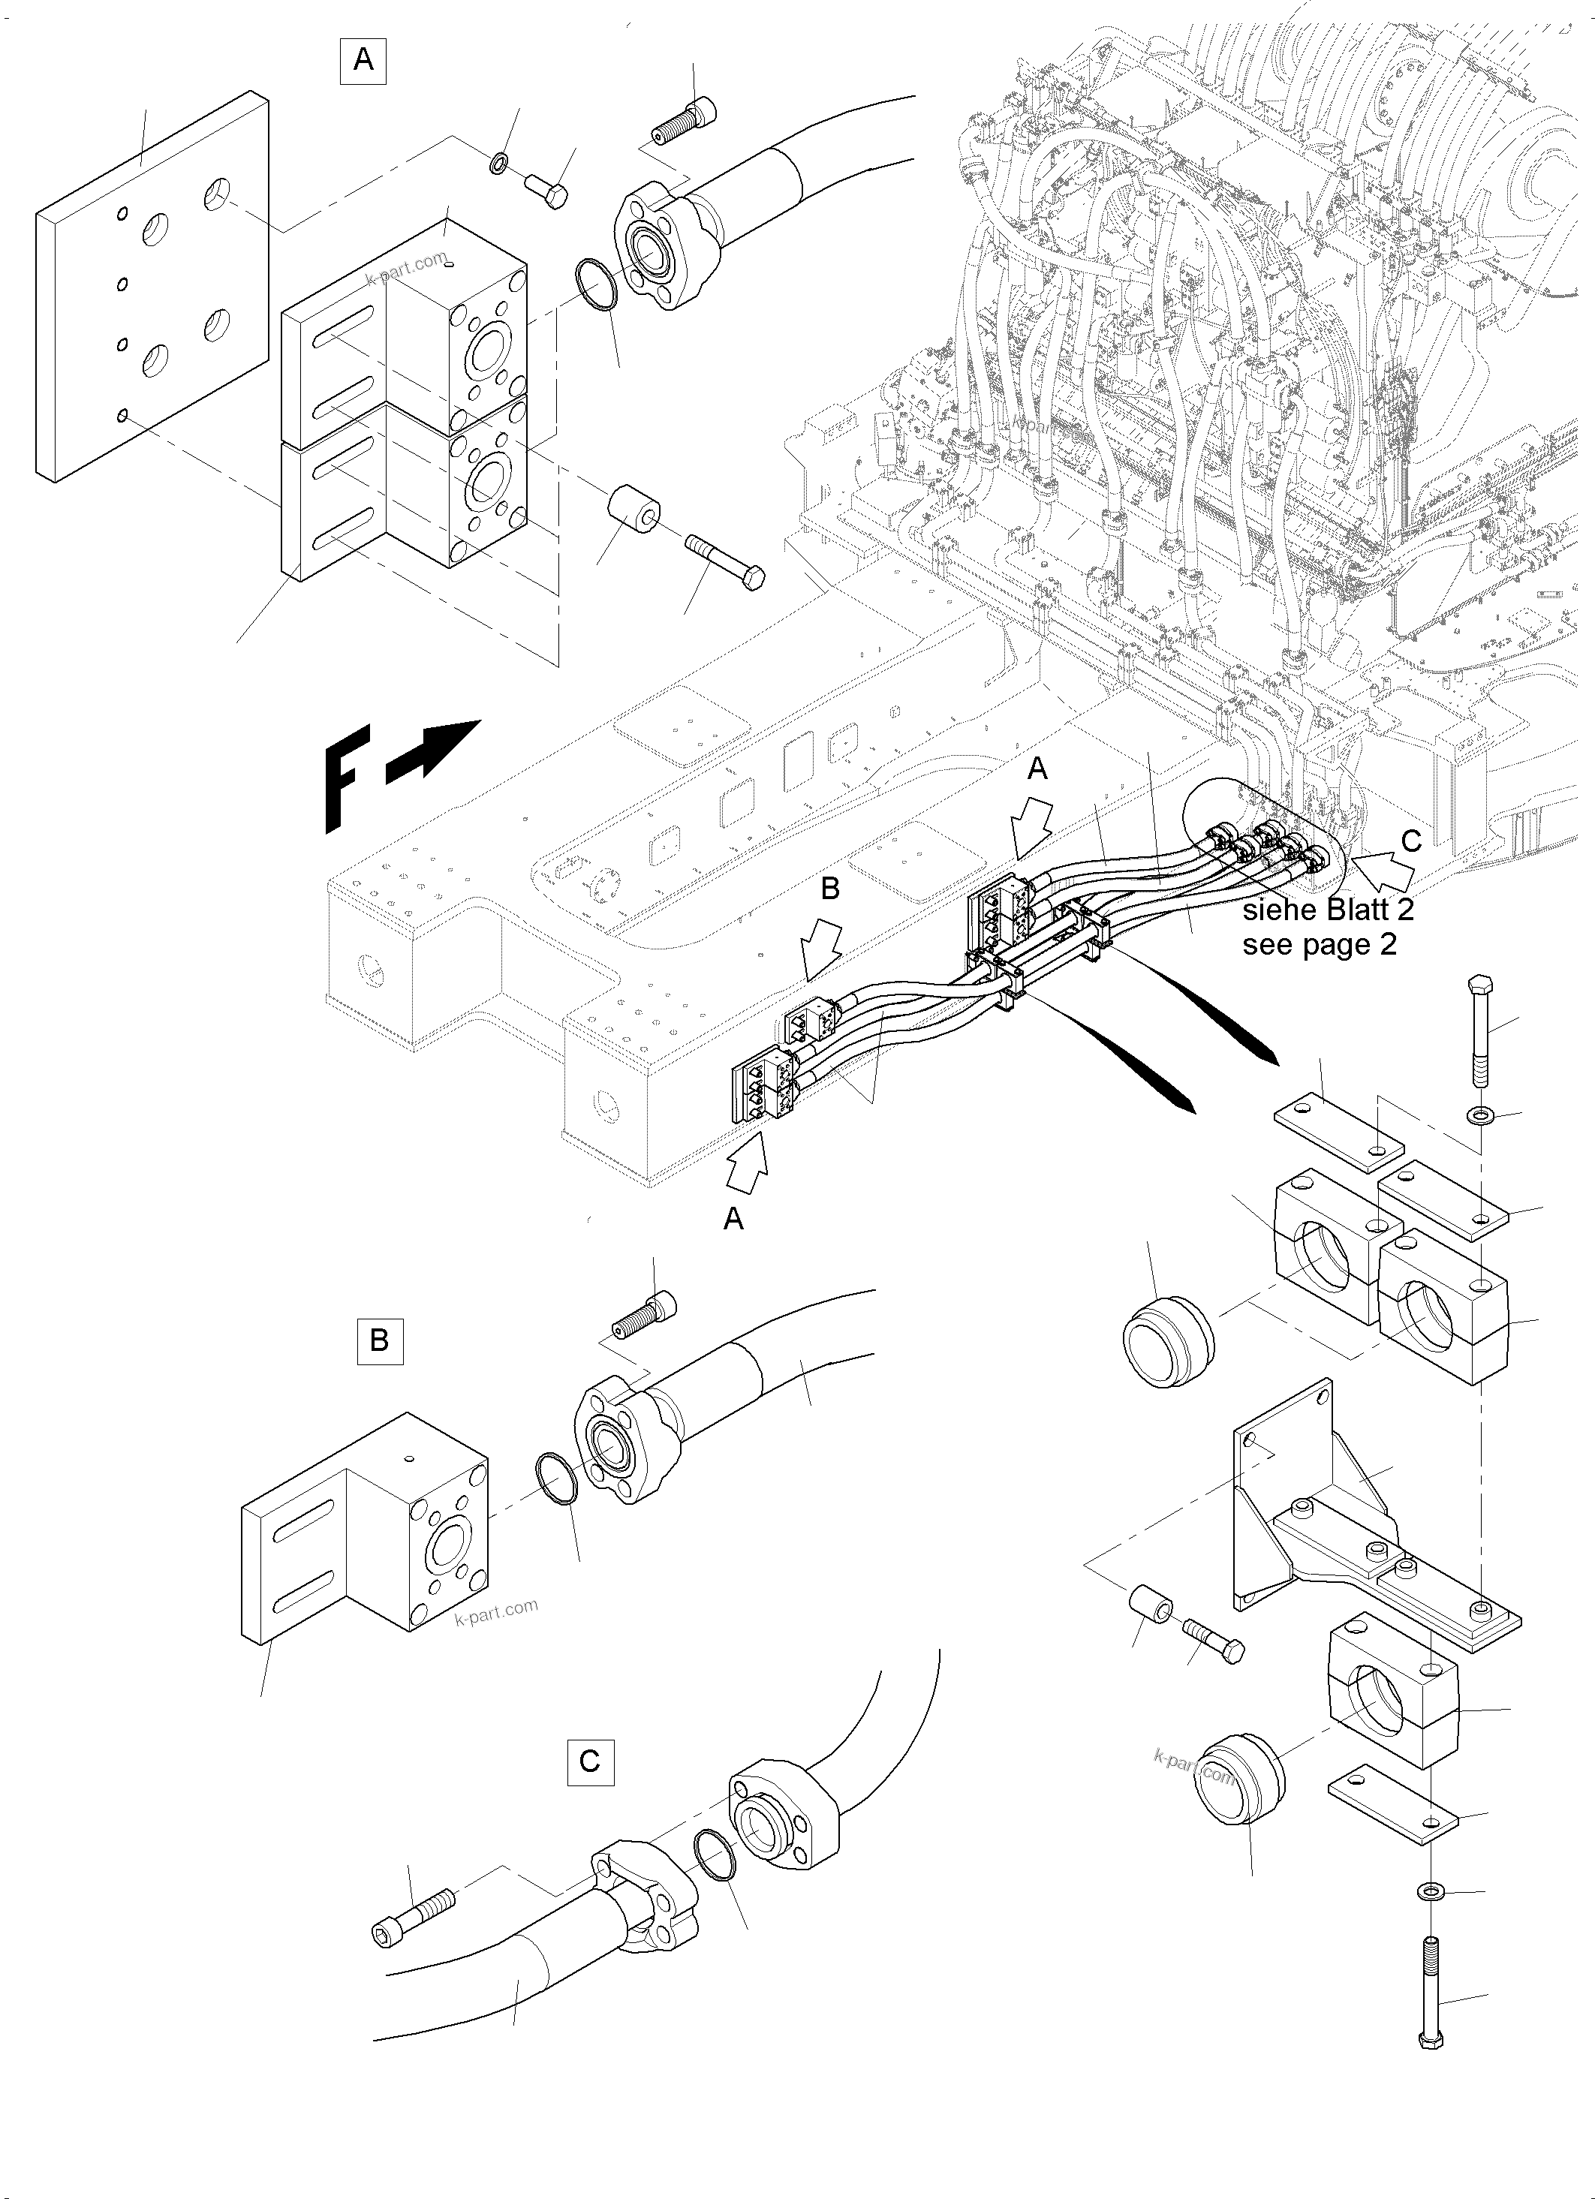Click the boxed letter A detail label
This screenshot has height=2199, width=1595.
363,60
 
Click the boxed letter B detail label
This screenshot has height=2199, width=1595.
379,1341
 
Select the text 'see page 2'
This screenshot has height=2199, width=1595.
1319,944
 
